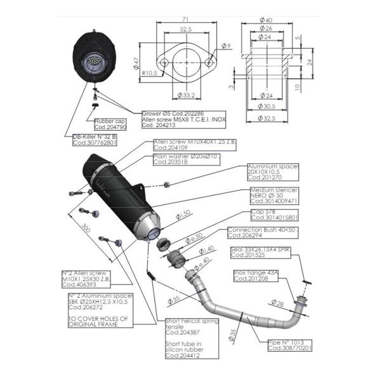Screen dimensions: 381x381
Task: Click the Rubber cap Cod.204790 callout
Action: point(112,123)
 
